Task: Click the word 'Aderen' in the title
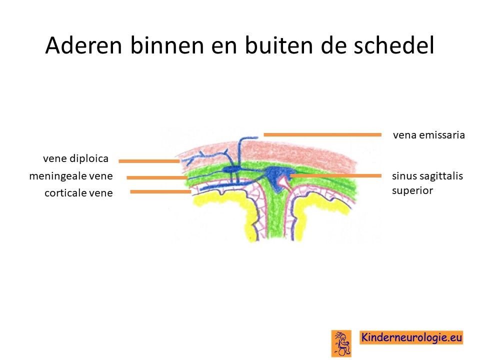click(x=83, y=45)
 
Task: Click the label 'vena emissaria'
click(x=429, y=135)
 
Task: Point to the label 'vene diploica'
click(x=75, y=158)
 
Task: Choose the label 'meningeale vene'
click(x=71, y=176)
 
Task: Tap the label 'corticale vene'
click(x=78, y=193)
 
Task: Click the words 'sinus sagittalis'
click(x=427, y=176)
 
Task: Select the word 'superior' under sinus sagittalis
click(x=412, y=190)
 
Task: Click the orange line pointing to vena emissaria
click(x=322, y=134)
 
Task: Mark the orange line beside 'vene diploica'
click(x=149, y=161)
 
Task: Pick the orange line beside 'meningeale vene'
click(x=157, y=177)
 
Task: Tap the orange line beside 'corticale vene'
click(x=160, y=192)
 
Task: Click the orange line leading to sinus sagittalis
click(x=335, y=175)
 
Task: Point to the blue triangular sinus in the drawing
click(x=277, y=177)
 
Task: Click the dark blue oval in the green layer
click(x=231, y=169)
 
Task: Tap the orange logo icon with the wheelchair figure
click(x=341, y=343)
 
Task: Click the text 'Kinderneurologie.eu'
click(x=411, y=337)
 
